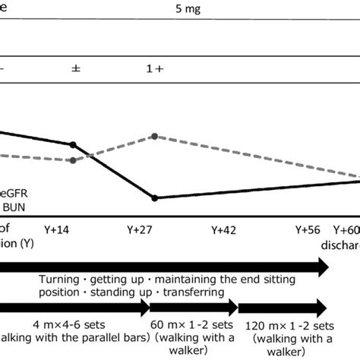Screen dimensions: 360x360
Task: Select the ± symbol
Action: (x=76, y=68)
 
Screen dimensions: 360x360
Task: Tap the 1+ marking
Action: (x=155, y=68)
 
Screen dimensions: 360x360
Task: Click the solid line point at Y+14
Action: (x=73, y=144)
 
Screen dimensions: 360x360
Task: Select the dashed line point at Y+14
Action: (x=72, y=160)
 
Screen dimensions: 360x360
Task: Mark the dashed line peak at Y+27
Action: (x=154, y=136)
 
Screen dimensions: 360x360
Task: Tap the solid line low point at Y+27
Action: (x=155, y=198)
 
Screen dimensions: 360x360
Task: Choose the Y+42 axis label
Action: (x=225, y=229)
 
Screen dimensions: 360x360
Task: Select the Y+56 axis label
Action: (x=308, y=229)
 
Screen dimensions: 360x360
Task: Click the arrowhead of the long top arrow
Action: (x=322, y=267)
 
